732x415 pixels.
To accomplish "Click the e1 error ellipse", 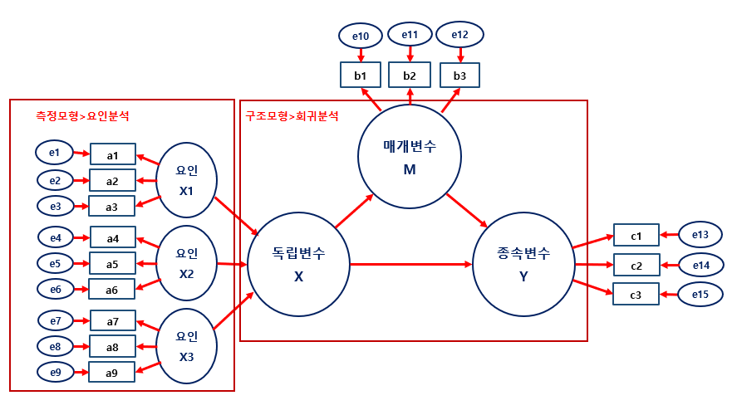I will click(x=54, y=153).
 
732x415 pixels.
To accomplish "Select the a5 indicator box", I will click(x=112, y=264).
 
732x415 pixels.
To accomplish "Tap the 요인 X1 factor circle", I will click(x=187, y=179).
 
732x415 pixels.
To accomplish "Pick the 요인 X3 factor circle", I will click(x=187, y=345).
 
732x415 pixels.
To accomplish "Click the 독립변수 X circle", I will click(x=299, y=264).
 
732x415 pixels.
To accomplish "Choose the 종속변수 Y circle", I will click(x=523, y=264).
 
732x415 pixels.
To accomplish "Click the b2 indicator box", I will click(x=410, y=76).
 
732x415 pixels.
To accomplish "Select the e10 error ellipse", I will click(x=361, y=36).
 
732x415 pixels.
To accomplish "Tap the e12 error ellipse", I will click(x=459, y=35).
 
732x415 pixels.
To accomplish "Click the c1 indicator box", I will click(x=636, y=236).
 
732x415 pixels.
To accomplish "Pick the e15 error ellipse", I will click(x=700, y=294).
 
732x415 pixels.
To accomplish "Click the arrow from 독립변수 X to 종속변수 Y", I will click(x=411, y=265).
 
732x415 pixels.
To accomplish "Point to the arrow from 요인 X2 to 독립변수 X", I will click(x=233, y=264).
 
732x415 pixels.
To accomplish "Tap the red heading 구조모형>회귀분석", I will click(x=292, y=116).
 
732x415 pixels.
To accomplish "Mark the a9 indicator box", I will click(x=112, y=373).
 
